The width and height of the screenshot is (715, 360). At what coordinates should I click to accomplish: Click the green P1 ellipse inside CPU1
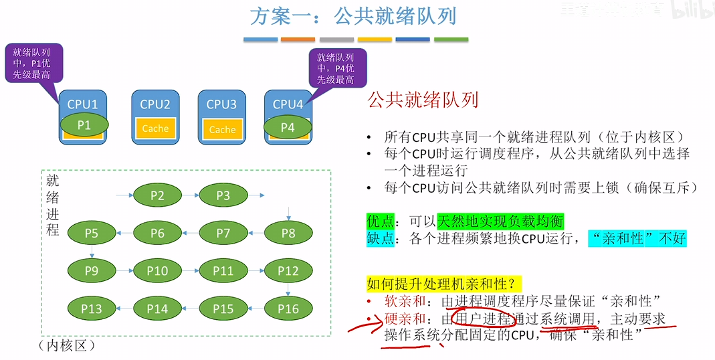pyautogui.click(x=84, y=124)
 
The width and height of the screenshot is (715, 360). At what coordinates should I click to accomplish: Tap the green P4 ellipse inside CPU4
pyautogui.click(x=287, y=126)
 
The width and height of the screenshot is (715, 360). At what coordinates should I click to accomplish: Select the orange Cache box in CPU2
pyautogui.click(x=155, y=128)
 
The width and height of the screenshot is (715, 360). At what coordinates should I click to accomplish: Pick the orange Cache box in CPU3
pyautogui.click(x=222, y=129)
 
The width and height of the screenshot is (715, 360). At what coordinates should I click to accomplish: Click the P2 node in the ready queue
pyautogui.click(x=157, y=195)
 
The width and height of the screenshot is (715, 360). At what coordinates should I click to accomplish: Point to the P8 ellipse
pyautogui.click(x=288, y=233)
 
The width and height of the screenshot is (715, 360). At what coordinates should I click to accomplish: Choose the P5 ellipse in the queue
pyautogui.click(x=92, y=233)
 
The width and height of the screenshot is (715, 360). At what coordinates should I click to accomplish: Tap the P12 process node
pyautogui.click(x=288, y=271)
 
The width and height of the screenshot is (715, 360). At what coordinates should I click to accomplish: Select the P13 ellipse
pyautogui.click(x=92, y=308)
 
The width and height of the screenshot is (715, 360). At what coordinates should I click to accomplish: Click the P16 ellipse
pyautogui.click(x=288, y=308)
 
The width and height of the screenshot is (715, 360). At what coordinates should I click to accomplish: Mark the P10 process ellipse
pyautogui.click(x=157, y=271)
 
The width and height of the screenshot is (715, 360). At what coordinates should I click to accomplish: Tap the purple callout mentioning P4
pyautogui.click(x=335, y=69)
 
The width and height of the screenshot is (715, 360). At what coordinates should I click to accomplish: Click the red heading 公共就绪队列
pyautogui.click(x=423, y=100)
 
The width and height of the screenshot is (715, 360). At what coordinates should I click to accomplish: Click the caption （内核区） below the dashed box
pyautogui.click(x=68, y=346)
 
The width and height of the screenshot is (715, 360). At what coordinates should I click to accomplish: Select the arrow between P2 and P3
pyautogui.click(x=190, y=195)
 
